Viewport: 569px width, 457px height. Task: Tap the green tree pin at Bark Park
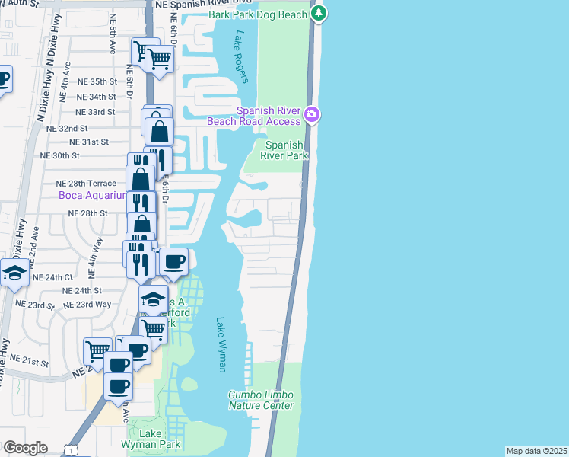coord(319,13)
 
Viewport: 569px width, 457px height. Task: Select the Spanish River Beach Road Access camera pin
coord(311,114)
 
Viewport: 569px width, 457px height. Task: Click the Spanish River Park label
coord(286,150)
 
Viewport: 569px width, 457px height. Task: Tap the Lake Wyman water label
coord(221,344)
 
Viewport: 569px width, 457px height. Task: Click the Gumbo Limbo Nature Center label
coord(261,400)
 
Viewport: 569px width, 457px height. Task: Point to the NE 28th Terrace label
coord(86,184)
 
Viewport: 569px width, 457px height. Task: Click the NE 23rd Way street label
coord(87,304)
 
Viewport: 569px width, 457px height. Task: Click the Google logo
coord(25,448)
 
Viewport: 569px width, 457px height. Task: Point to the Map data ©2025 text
coord(536,451)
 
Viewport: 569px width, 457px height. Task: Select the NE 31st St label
coord(89,142)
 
